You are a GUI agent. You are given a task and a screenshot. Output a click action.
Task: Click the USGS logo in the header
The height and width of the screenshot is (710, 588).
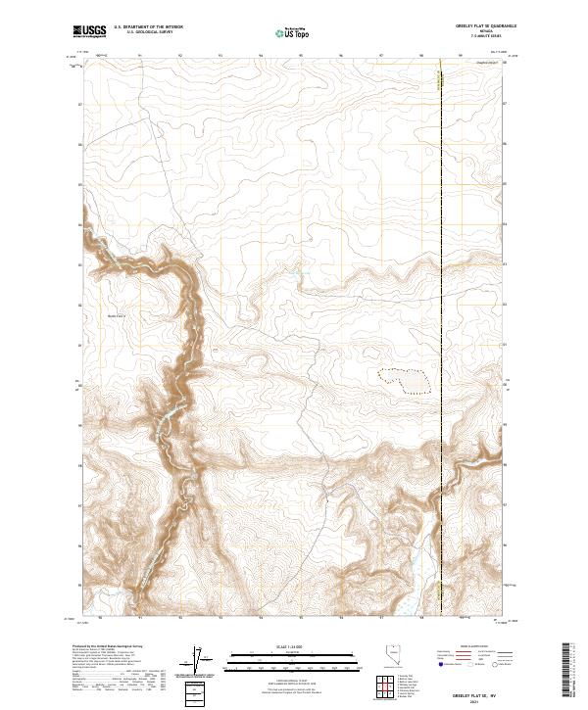point(88,32)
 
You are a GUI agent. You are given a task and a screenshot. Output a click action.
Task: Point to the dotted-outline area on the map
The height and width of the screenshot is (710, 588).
point(404,380)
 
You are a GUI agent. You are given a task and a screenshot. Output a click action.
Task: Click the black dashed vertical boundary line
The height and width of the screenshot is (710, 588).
point(440,294)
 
